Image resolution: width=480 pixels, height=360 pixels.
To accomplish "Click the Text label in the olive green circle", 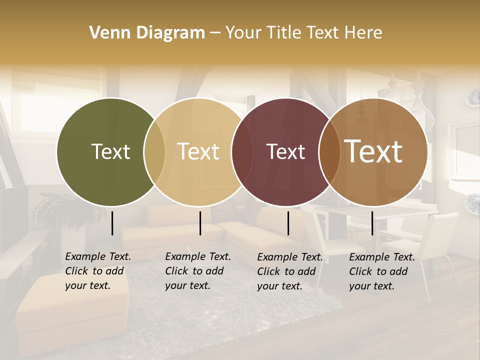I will (110, 151).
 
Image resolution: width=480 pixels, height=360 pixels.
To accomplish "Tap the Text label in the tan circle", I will (198, 151).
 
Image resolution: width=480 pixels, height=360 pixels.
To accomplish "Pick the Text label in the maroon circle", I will (285, 152).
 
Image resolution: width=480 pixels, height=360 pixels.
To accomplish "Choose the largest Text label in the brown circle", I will (373, 151).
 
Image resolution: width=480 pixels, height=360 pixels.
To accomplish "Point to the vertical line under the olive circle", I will (112, 223).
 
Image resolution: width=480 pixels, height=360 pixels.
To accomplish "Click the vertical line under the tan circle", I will (200, 223).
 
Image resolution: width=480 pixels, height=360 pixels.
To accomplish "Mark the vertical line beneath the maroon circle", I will (288, 223).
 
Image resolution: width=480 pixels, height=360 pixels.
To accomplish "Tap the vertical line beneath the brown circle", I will (372, 223).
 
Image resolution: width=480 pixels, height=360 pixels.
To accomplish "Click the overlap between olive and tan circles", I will (154, 151).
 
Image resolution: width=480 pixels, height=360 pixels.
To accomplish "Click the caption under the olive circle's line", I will (98, 271).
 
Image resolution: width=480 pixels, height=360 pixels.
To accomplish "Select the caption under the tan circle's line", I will (198, 271).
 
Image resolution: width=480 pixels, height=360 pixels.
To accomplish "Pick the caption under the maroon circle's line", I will (290, 271).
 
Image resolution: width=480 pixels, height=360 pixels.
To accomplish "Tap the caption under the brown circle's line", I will (382, 271).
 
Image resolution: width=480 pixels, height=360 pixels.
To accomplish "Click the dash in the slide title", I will (215, 33).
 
